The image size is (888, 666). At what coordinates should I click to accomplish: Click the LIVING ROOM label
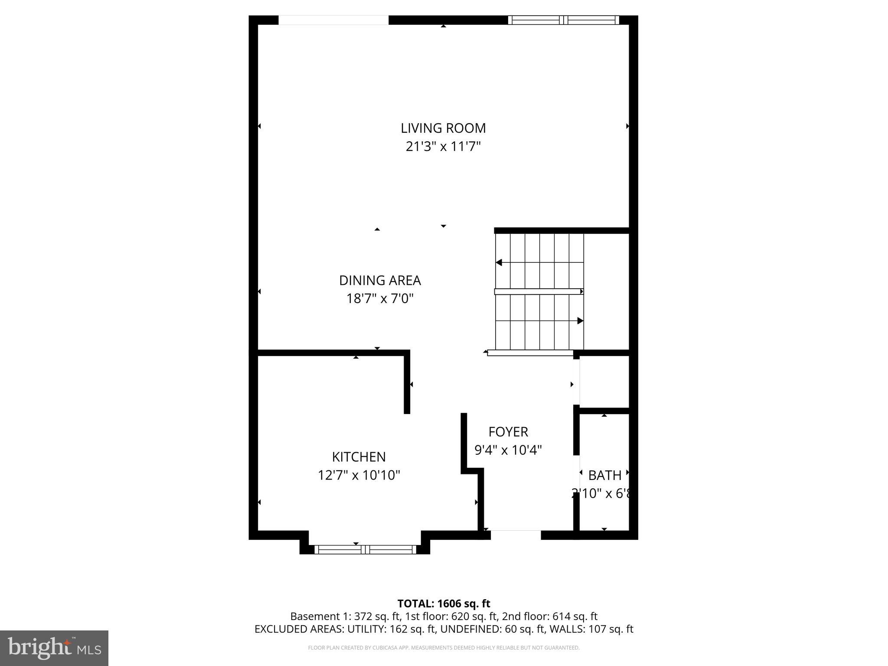[x=443, y=128]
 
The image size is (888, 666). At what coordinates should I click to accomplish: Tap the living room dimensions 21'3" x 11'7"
[x=443, y=147]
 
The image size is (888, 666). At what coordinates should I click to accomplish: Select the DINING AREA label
[x=380, y=281]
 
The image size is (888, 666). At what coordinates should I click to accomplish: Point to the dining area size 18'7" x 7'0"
[x=380, y=299]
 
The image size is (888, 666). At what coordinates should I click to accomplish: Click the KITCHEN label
[x=359, y=457]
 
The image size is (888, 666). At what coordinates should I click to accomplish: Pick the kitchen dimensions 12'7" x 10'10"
[x=359, y=475]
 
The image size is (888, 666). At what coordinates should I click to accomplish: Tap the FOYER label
[x=508, y=432]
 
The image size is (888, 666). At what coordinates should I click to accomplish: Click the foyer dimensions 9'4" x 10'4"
[x=508, y=450]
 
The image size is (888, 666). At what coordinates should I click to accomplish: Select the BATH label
[x=605, y=475]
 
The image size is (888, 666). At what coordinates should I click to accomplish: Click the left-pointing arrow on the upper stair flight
[x=499, y=262]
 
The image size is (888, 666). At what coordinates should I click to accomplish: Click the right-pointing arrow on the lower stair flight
[x=580, y=321]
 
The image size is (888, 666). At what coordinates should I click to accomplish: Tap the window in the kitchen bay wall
[x=365, y=549]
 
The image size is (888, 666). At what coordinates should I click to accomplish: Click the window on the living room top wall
[x=563, y=20]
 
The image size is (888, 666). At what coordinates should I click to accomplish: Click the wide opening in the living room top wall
[x=333, y=20]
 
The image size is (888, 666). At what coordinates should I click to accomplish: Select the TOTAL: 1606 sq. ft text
[x=444, y=604]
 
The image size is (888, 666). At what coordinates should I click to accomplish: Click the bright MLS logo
[x=54, y=648]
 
